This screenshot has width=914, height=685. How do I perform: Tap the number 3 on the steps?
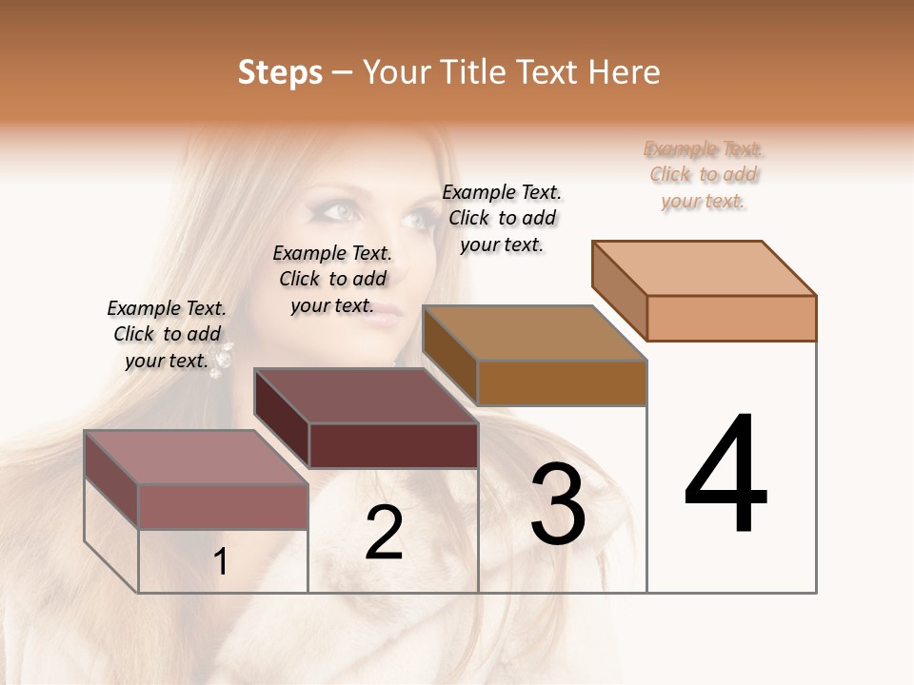point(558,504)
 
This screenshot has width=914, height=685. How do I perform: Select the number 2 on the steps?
point(384,533)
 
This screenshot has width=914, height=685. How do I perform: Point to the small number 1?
point(221,562)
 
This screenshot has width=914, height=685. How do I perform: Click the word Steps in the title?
point(280,72)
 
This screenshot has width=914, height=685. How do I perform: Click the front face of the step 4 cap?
point(731,318)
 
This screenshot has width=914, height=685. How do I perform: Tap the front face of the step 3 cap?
point(562,382)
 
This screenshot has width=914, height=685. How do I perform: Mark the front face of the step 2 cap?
point(392,445)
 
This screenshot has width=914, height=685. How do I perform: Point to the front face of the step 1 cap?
point(223,506)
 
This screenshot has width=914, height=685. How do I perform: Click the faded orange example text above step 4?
point(704,175)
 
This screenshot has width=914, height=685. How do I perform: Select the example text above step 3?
point(502,218)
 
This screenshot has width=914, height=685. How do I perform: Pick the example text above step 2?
point(332,279)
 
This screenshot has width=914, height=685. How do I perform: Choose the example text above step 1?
point(167,334)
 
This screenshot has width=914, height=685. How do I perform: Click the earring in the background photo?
point(228,359)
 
